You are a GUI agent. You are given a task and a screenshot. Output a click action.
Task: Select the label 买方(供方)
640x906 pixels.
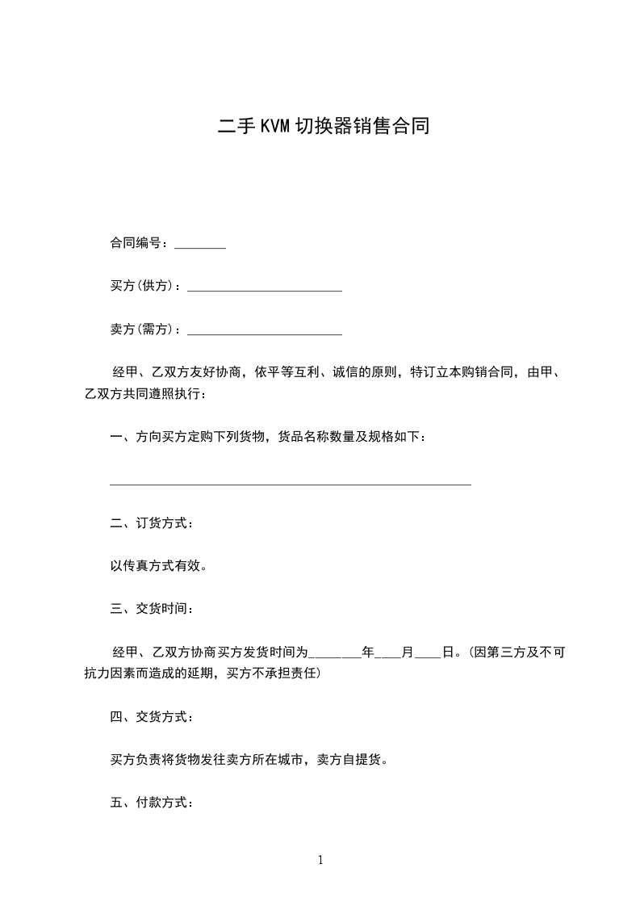[x=144, y=286]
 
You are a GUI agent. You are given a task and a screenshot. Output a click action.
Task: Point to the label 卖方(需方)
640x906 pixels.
[x=144, y=329]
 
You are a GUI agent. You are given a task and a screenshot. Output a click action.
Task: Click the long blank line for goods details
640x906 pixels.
[x=290, y=484]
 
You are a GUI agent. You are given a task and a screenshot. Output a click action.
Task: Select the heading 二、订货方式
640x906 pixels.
[x=151, y=523]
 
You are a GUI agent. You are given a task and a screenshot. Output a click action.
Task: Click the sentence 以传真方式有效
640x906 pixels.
[x=158, y=566]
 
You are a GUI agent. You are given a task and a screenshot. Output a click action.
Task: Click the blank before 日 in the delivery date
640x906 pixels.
[x=428, y=655]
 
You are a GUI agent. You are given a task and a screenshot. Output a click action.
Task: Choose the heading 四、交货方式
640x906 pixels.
[x=151, y=716]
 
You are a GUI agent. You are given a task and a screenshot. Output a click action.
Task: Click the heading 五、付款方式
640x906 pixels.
[x=151, y=803]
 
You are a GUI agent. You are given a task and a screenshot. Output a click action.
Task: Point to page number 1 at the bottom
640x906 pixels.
[x=320, y=860]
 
